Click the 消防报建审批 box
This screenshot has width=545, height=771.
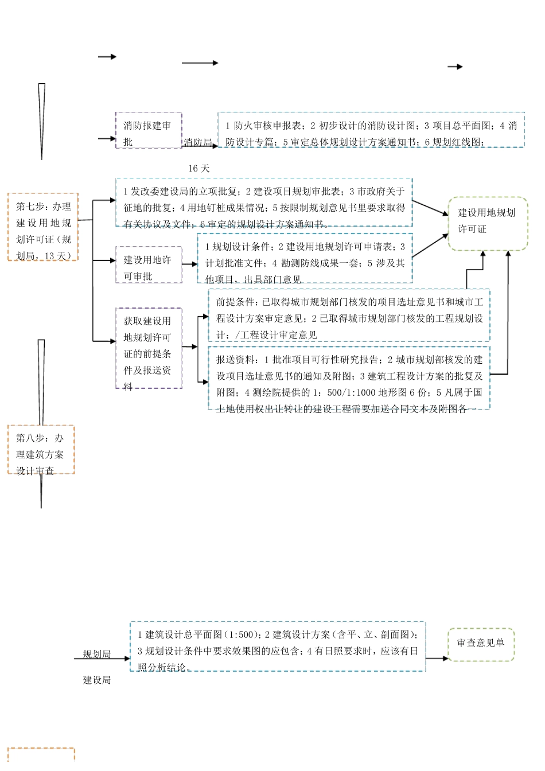[149, 131]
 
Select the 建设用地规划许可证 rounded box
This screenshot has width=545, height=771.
[487, 224]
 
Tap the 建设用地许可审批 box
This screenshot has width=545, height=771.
[149, 265]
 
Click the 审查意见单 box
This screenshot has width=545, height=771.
[481, 644]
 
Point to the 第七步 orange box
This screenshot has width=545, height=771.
[43, 227]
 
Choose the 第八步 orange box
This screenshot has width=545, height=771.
[41, 450]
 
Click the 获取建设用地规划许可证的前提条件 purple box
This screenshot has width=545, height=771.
[149, 348]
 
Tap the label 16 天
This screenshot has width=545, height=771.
[199, 168]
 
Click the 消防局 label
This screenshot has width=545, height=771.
[197, 142]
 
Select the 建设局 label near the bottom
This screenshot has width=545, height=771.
[96, 680]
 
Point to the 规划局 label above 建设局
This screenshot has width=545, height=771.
[96, 654]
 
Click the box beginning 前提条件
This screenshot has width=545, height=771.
[349, 316]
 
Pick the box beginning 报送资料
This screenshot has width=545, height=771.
[349, 378]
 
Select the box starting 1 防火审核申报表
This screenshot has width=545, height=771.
[371, 130]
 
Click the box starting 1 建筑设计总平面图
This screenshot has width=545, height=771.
[278, 647]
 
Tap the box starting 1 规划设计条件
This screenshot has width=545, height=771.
[305, 258]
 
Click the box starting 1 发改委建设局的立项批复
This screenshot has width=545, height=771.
[264, 203]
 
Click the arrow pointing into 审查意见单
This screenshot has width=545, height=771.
[437, 658]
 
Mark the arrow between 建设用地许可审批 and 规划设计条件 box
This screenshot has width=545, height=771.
[190, 264]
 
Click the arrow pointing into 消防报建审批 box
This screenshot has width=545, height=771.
[107, 138]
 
